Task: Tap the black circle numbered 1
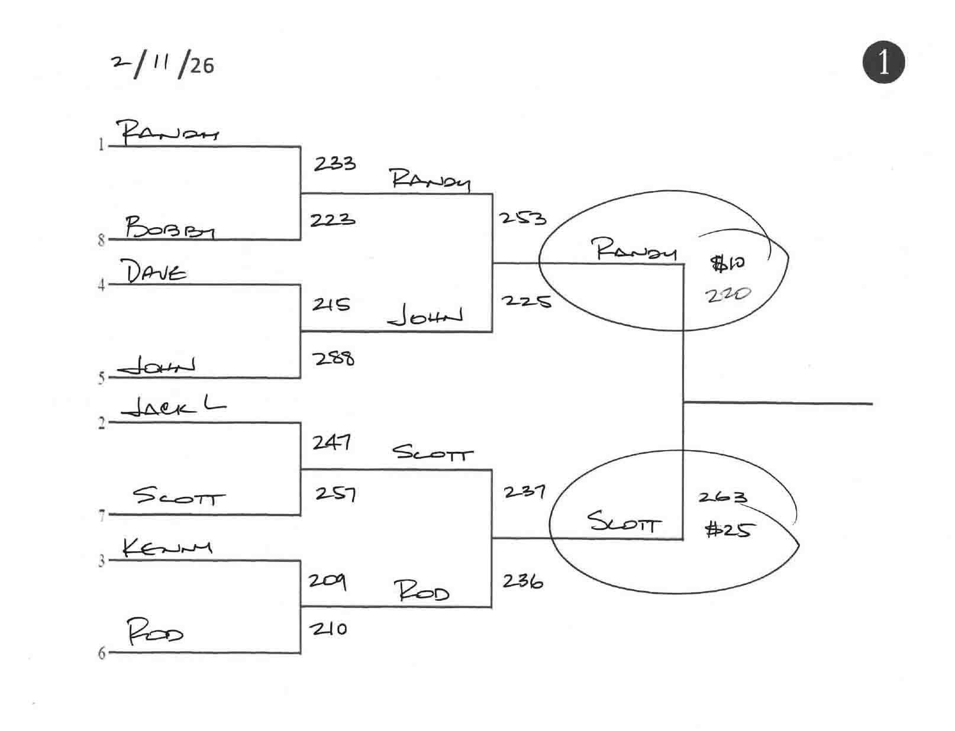(883, 62)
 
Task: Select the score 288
(334, 358)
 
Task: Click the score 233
(334, 163)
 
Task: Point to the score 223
(333, 220)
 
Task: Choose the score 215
(331, 304)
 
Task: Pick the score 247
(332, 442)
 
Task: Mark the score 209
(327, 581)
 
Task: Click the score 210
(328, 629)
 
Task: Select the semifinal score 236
(522, 581)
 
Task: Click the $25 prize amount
(728, 529)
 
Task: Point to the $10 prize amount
(728, 263)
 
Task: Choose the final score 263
(722, 497)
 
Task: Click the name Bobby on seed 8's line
(170, 227)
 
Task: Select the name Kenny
(167, 548)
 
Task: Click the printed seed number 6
(101, 653)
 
